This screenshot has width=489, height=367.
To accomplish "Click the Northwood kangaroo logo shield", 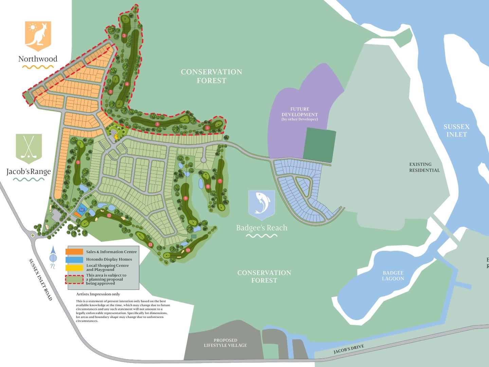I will point(38,35).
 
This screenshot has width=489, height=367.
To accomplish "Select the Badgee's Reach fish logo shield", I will point(261,204).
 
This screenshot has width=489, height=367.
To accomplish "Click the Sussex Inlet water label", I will point(456,130).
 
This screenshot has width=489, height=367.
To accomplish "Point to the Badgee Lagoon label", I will point(393,276).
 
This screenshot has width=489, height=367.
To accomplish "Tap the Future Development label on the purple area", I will point(300,114).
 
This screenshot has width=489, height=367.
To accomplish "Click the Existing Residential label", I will point(424,167).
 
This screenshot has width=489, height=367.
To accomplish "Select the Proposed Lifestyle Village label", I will point(225,343).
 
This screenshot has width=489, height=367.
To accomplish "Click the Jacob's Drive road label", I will point(348,349).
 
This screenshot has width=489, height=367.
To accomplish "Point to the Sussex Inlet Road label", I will point(40,279).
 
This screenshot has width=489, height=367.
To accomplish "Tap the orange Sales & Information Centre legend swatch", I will point(74,252).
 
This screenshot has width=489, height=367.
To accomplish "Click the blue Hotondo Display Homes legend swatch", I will point(74,260).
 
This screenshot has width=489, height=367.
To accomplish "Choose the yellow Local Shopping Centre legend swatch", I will point(74,267).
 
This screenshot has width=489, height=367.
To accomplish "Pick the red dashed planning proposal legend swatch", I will point(74,279).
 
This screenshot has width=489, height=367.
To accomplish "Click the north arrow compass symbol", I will point(53,257).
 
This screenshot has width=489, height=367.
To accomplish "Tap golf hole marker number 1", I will point(78,162).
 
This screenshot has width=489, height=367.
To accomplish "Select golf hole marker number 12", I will point(109,215).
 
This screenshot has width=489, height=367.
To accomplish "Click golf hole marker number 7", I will point(220,181).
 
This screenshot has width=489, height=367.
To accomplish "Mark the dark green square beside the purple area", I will point(319,145).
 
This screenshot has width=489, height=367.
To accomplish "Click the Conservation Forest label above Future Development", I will point(211,76).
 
